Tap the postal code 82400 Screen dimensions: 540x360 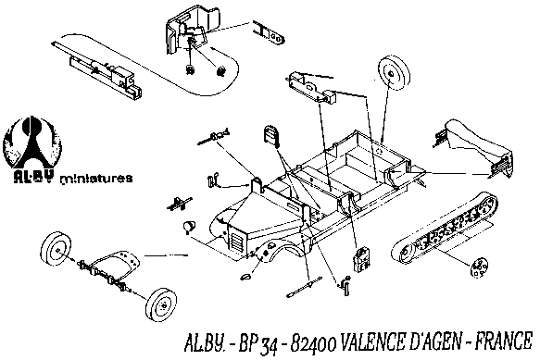coord(313,342)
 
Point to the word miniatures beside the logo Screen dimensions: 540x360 coord(96,179)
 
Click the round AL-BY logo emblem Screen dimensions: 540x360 coord(32,146)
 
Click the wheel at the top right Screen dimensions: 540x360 coord(394,72)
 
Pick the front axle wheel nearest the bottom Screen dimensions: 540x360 coord(161,304)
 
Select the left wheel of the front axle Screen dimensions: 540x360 coord(57,249)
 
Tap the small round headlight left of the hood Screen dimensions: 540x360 coord(189,227)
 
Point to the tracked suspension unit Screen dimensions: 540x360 coord(445,227)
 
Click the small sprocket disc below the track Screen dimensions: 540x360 coord(479,267)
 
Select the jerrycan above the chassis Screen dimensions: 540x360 coord(271,135)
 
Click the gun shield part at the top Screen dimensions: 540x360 coord(192,31)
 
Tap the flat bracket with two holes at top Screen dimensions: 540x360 coord(270,33)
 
